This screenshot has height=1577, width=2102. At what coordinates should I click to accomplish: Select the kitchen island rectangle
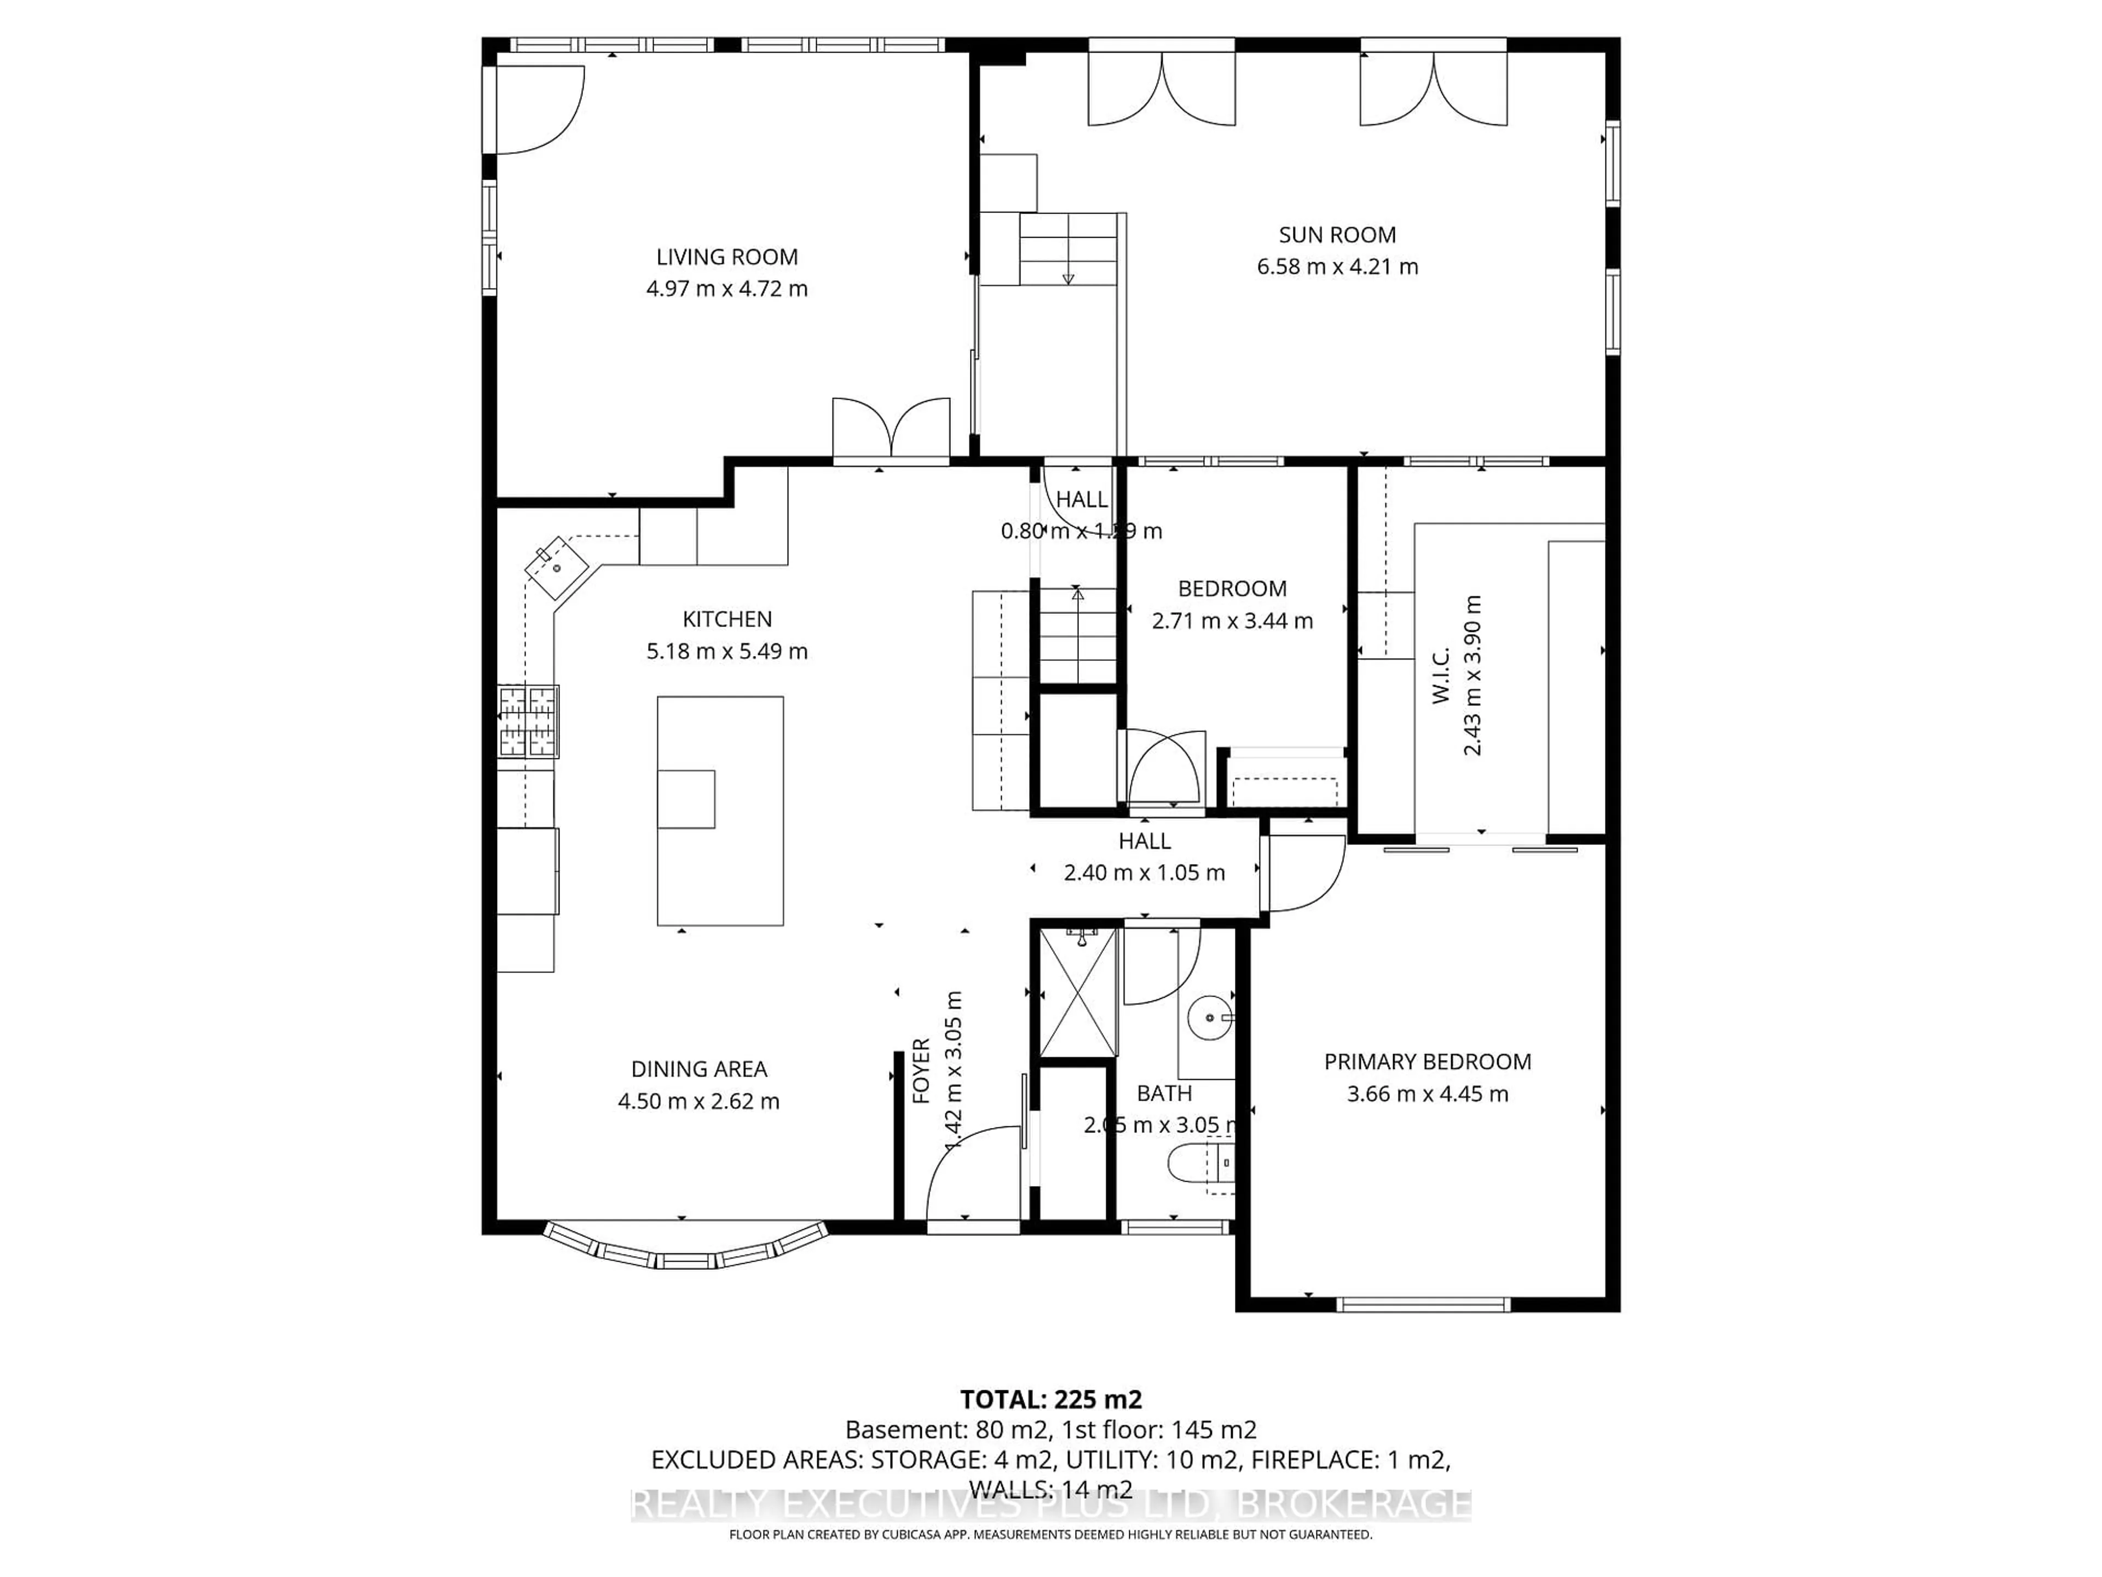(x=720, y=810)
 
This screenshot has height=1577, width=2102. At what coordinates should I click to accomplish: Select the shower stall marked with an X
(x=1078, y=993)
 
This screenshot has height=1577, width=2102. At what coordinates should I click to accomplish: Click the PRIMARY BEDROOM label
(x=1427, y=1062)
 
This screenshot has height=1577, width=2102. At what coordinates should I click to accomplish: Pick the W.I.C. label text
(x=1441, y=676)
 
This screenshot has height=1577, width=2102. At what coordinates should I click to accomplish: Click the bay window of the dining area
(x=684, y=1247)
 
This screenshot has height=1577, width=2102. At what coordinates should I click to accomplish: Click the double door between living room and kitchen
(x=891, y=430)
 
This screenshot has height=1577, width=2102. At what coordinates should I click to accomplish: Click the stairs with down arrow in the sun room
(x=1068, y=249)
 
